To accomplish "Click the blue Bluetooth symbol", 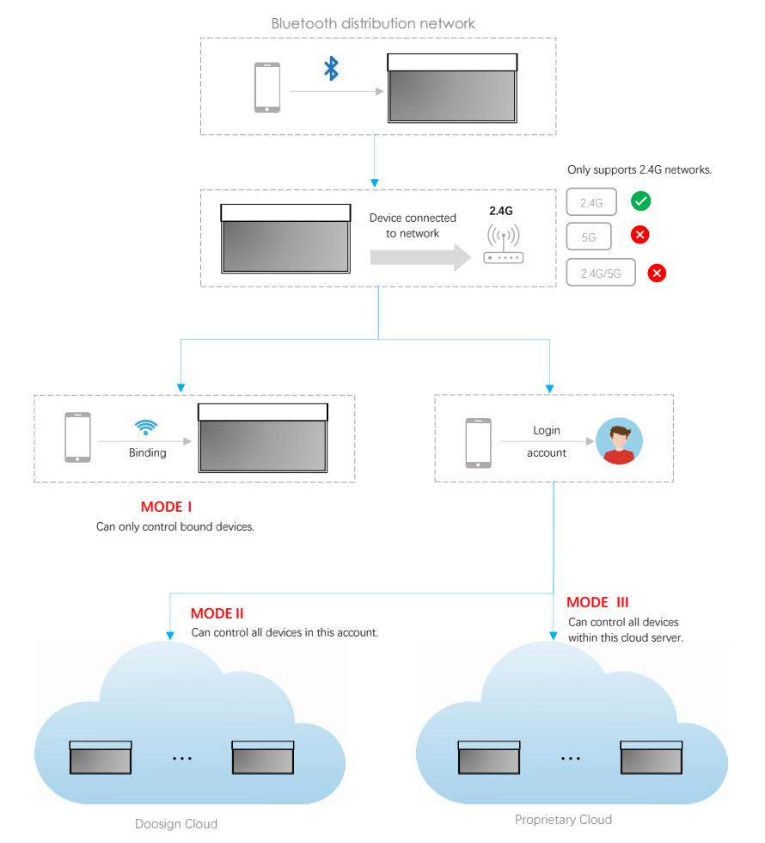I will (331, 71).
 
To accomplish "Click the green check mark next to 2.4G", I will (640, 201).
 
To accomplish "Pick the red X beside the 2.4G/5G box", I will (658, 273).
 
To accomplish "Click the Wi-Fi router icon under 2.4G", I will (503, 246).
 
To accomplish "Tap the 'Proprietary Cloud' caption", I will (563, 820).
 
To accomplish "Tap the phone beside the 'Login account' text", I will (477, 443).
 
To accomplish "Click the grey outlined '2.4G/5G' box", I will (600, 273).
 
